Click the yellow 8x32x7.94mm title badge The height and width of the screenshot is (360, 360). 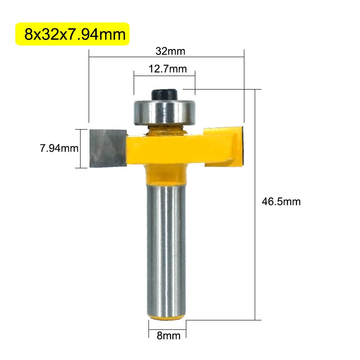(72, 34)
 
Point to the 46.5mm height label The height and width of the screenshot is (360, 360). (281, 202)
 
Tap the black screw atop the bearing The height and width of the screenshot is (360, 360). (165, 94)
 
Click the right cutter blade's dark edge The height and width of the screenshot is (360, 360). (242, 145)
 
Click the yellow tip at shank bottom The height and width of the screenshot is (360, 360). (166, 317)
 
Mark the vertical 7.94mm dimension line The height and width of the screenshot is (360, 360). (81, 148)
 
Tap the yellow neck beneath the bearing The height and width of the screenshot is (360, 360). (165, 130)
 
